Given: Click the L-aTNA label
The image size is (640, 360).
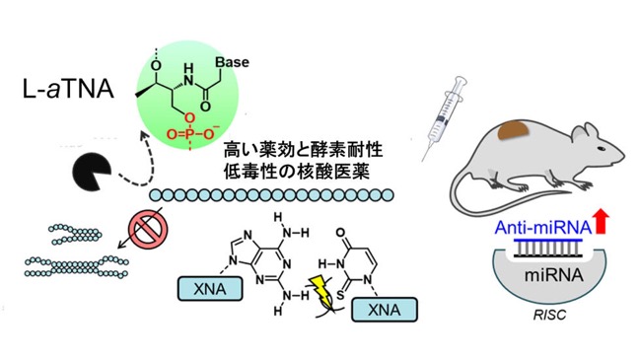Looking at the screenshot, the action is click(x=68, y=90).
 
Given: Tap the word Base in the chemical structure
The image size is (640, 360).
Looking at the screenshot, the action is click(x=232, y=62).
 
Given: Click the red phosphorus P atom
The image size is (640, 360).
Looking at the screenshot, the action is click(x=189, y=133).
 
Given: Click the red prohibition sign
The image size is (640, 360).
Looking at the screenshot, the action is click(x=148, y=230).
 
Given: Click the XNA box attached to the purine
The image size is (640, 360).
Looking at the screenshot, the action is click(x=210, y=289).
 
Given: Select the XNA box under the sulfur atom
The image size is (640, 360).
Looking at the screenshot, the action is click(x=385, y=310).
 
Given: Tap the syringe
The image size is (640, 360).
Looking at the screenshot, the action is click(x=444, y=117).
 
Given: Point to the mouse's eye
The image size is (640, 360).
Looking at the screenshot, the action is click(x=601, y=148).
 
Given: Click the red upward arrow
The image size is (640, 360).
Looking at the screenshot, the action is click(x=602, y=221).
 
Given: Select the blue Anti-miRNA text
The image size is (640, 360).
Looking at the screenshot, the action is click(x=542, y=228).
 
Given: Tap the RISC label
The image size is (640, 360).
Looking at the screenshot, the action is click(x=549, y=315).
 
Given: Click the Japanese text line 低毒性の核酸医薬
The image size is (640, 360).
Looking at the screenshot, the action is click(x=296, y=173).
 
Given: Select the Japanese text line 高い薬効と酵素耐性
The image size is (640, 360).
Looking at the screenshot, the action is click(x=303, y=150).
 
